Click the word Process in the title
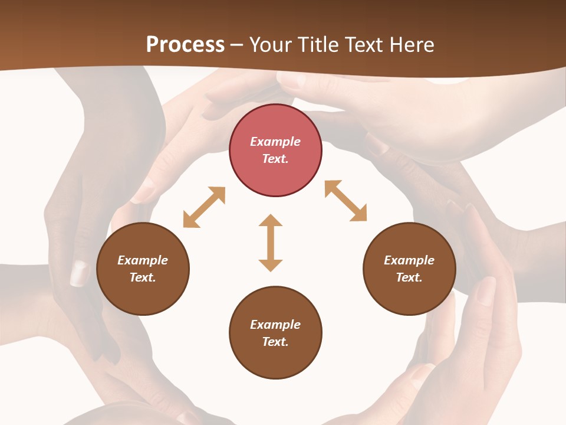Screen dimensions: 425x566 pos(185,45)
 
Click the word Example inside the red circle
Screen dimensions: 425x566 pos(275,142)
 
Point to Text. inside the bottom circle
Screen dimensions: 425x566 pos(275,342)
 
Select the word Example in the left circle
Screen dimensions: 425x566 pos(143,260)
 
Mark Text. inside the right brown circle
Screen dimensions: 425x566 pos(409,277)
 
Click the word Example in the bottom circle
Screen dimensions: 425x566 pos(275,325)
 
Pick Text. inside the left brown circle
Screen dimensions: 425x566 pos(143,277)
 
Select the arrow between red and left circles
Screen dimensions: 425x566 pos(204,207)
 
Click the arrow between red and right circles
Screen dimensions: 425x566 pos(346,201)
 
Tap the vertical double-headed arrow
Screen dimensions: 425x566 pos(271,243)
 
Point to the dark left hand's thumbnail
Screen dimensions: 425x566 pos(78,273)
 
